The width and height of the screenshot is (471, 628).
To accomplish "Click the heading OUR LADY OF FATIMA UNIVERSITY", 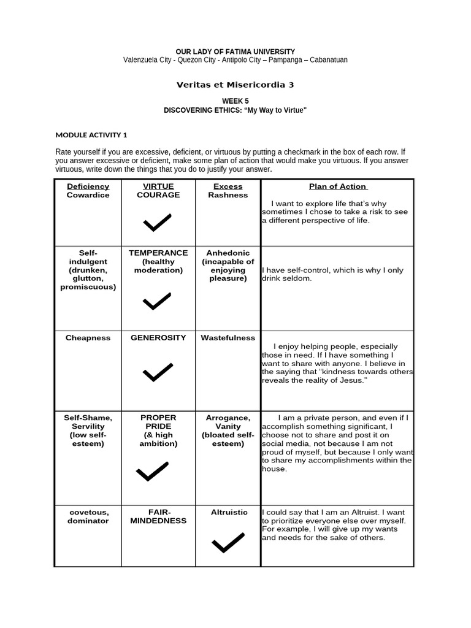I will pyautogui.click(x=235, y=52).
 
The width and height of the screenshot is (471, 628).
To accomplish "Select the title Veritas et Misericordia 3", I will pyautogui.click(x=235, y=85).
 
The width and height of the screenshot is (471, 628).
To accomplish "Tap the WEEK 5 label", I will pyautogui.click(x=235, y=101).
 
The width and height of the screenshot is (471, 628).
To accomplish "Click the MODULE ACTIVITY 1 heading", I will pyautogui.click(x=91, y=135).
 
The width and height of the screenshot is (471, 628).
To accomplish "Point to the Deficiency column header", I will pyautogui.click(x=88, y=186).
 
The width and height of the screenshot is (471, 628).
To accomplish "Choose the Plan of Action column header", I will pyautogui.click(x=338, y=186).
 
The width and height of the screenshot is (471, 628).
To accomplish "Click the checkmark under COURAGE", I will pyautogui.click(x=157, y=223).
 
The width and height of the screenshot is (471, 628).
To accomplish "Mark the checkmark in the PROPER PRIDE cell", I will pyautogui.click(x=152, y=471).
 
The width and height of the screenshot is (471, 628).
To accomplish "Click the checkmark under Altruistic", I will pyautogui.click(x=228, y=542).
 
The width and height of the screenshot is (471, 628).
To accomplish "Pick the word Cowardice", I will pyautogui.click(x=88, y=195).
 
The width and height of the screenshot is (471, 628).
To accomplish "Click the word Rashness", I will pyautogui.click(x=228, y=195).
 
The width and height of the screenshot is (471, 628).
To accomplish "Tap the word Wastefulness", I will pyautogui.click(x=228, y=338).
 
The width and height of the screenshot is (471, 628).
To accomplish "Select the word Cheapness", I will pyautogui.click(x=88, y=338).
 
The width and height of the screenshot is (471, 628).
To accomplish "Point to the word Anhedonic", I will pyautogui.click(x=228, y=253).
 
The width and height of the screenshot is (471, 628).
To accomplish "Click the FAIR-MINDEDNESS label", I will pyautogui.click(x=158, y=516).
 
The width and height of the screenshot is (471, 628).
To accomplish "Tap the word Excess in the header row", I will pyautogui.click(x=228, y=186).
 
